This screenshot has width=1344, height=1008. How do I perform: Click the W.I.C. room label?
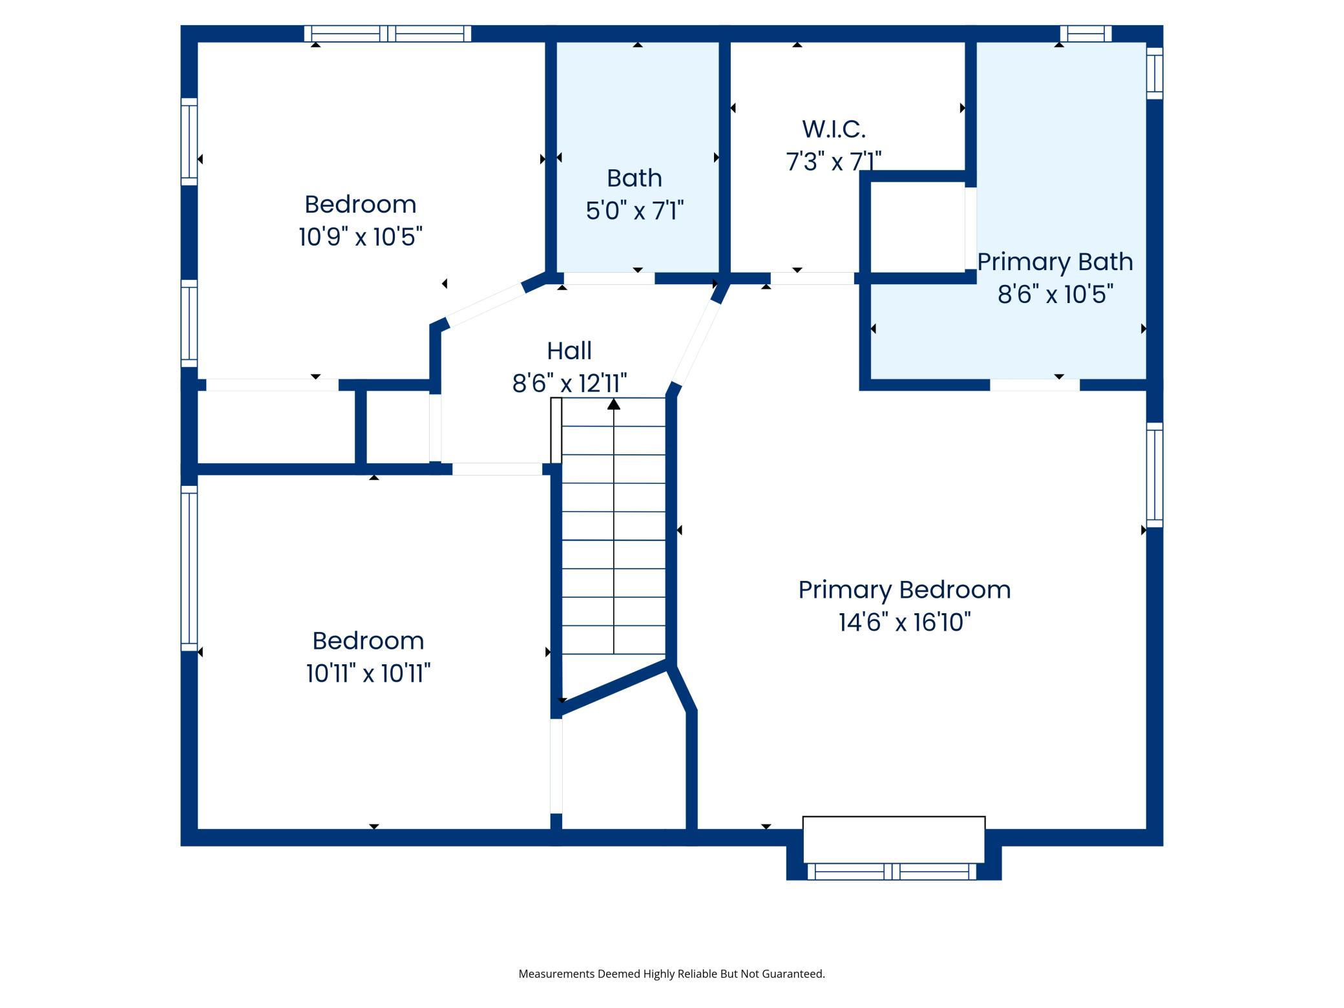(834, 129)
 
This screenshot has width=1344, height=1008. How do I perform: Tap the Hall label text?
(569, 351)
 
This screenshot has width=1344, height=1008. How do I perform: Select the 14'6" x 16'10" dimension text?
(905, 622)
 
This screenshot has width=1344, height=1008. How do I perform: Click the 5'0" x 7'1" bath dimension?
(635, 211)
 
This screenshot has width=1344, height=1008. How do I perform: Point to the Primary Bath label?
(1055, 262)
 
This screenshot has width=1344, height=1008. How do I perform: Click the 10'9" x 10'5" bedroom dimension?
(361, 236)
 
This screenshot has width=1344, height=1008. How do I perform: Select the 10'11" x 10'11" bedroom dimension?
(368, 673)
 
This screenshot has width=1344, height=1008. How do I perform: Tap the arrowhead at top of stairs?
(614, 404)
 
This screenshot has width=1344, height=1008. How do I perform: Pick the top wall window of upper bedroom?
(388, 34)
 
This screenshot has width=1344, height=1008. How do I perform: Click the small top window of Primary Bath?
(1086, 34)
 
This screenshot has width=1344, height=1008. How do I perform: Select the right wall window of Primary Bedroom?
(1155, 475)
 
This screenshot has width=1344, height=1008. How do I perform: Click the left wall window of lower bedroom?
(189, 568)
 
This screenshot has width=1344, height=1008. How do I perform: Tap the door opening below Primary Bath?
(1034, 385)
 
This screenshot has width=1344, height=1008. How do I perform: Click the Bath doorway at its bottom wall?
(609, 278)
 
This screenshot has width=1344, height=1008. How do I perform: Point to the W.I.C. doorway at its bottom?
(812, 278)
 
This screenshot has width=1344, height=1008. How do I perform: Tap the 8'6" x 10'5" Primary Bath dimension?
(1056, 295)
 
